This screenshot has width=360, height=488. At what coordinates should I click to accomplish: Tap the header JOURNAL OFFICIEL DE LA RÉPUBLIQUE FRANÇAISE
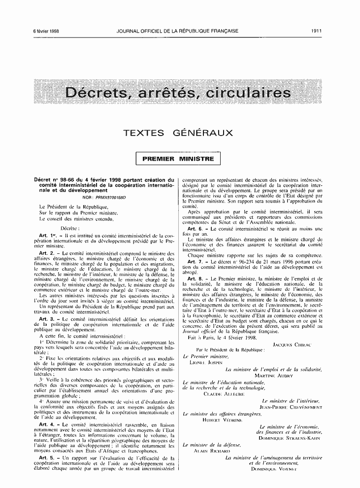(178, 31)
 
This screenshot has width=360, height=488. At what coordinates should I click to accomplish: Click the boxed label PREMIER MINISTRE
(178, 159)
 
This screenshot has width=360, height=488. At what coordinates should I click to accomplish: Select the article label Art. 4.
(46, 424)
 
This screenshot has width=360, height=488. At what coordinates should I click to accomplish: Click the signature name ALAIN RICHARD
(212, 451)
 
